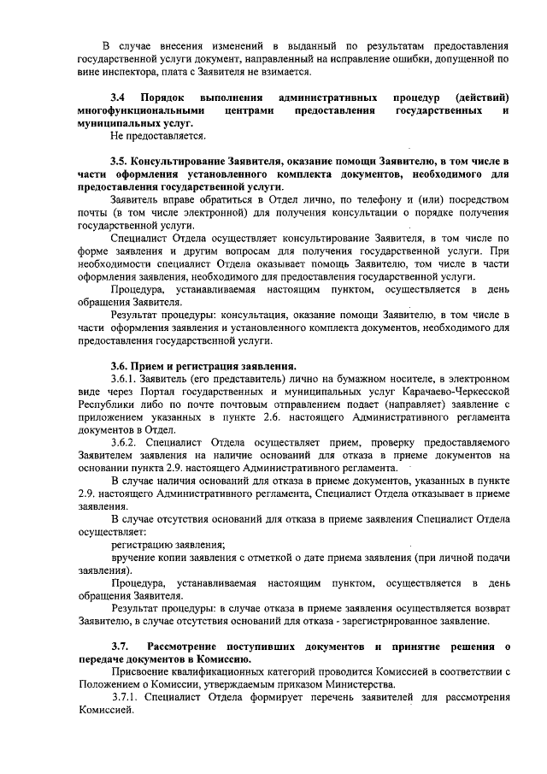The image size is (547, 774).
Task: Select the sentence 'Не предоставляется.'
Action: pos(158,136)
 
